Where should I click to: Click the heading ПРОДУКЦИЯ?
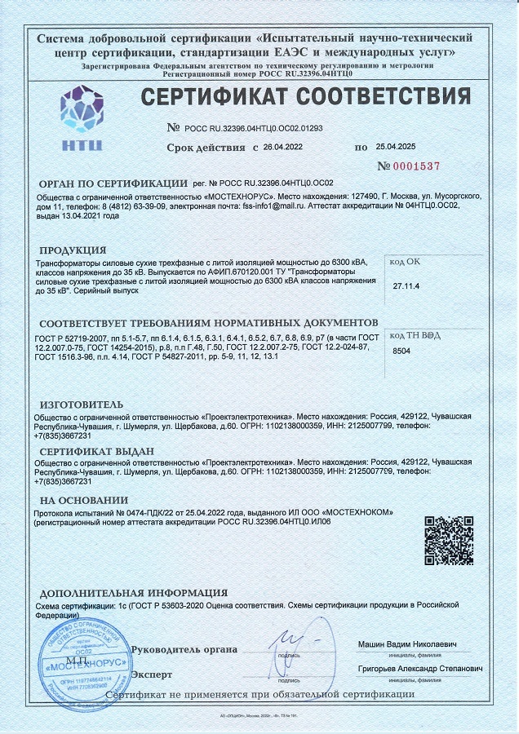[73, 249]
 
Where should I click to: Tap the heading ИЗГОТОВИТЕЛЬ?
[82, 405]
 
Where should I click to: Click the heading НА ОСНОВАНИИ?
[84, 499]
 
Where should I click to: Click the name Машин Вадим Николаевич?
[408, 645]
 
